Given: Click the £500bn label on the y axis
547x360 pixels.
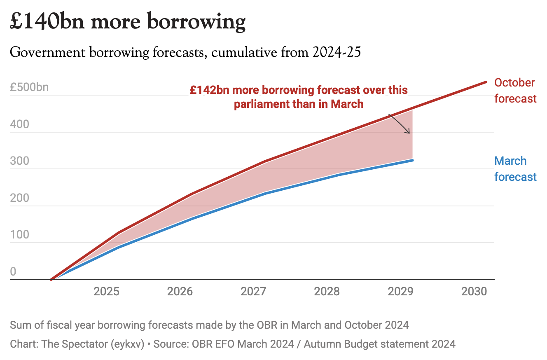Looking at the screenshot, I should (x=29, y=87).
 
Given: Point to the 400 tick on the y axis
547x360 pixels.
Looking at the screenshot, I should (x=20, y=124).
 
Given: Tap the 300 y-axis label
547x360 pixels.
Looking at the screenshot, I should (x=20, y=161).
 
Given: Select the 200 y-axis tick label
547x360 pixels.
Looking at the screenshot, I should (x=20, y=198).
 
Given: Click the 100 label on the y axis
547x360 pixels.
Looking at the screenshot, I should (x=19, y=235).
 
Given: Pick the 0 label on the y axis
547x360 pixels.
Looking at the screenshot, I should (x=13, y=271).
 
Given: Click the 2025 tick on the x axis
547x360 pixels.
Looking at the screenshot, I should (x=107, y=292).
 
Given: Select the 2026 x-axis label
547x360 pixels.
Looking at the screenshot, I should (x=180, y=292).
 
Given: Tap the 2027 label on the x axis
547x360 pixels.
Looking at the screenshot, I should (x=253, y=292).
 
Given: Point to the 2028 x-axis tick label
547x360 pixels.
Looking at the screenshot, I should (x=327, y=292).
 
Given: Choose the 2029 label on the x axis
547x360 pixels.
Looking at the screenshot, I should (x=400, y=292).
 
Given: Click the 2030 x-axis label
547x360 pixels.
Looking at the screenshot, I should (x=474, y=292).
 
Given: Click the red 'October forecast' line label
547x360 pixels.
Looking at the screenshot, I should (x=515, y=91).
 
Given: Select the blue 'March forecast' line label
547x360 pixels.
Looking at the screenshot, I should (x=515, y=169).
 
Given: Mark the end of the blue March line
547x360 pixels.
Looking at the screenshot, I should (x=412, y=160).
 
